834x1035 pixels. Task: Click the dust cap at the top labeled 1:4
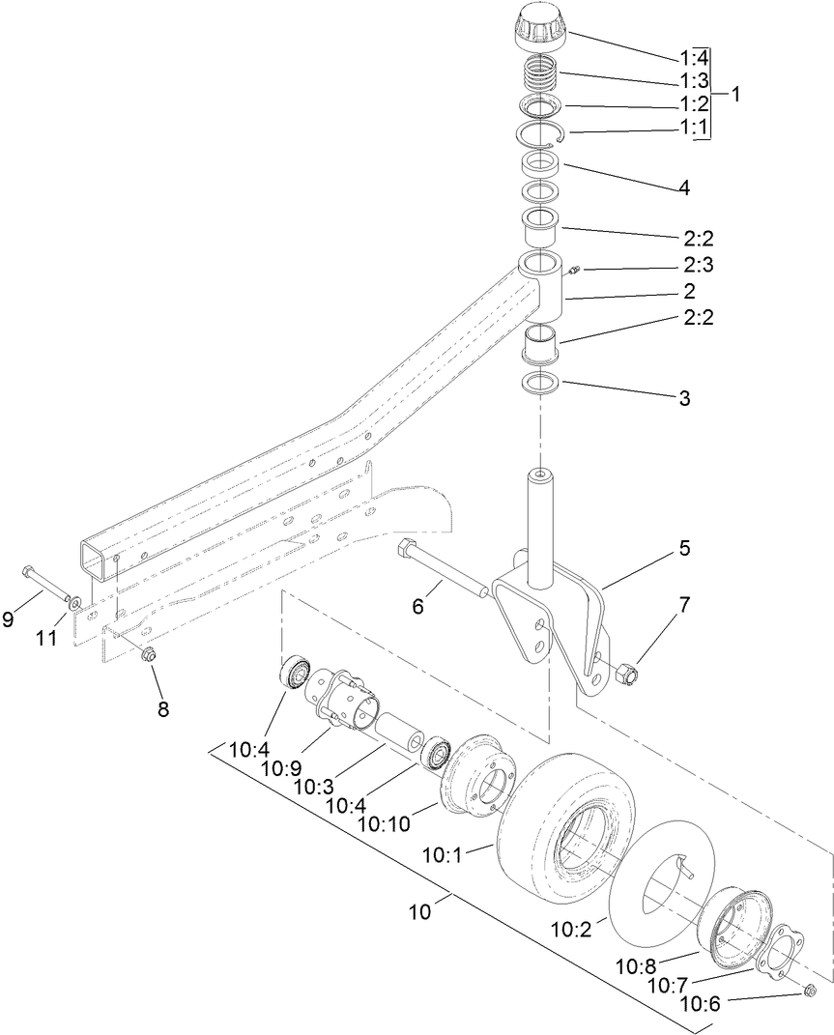click(x=543, y=28)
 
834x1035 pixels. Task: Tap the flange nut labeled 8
click(x=149, y=656)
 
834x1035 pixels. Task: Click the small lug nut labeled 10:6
click(x=810, y=992)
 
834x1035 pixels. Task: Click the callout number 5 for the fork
click(x=684, y=548)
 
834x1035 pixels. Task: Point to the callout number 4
click(x=683, y=187)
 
